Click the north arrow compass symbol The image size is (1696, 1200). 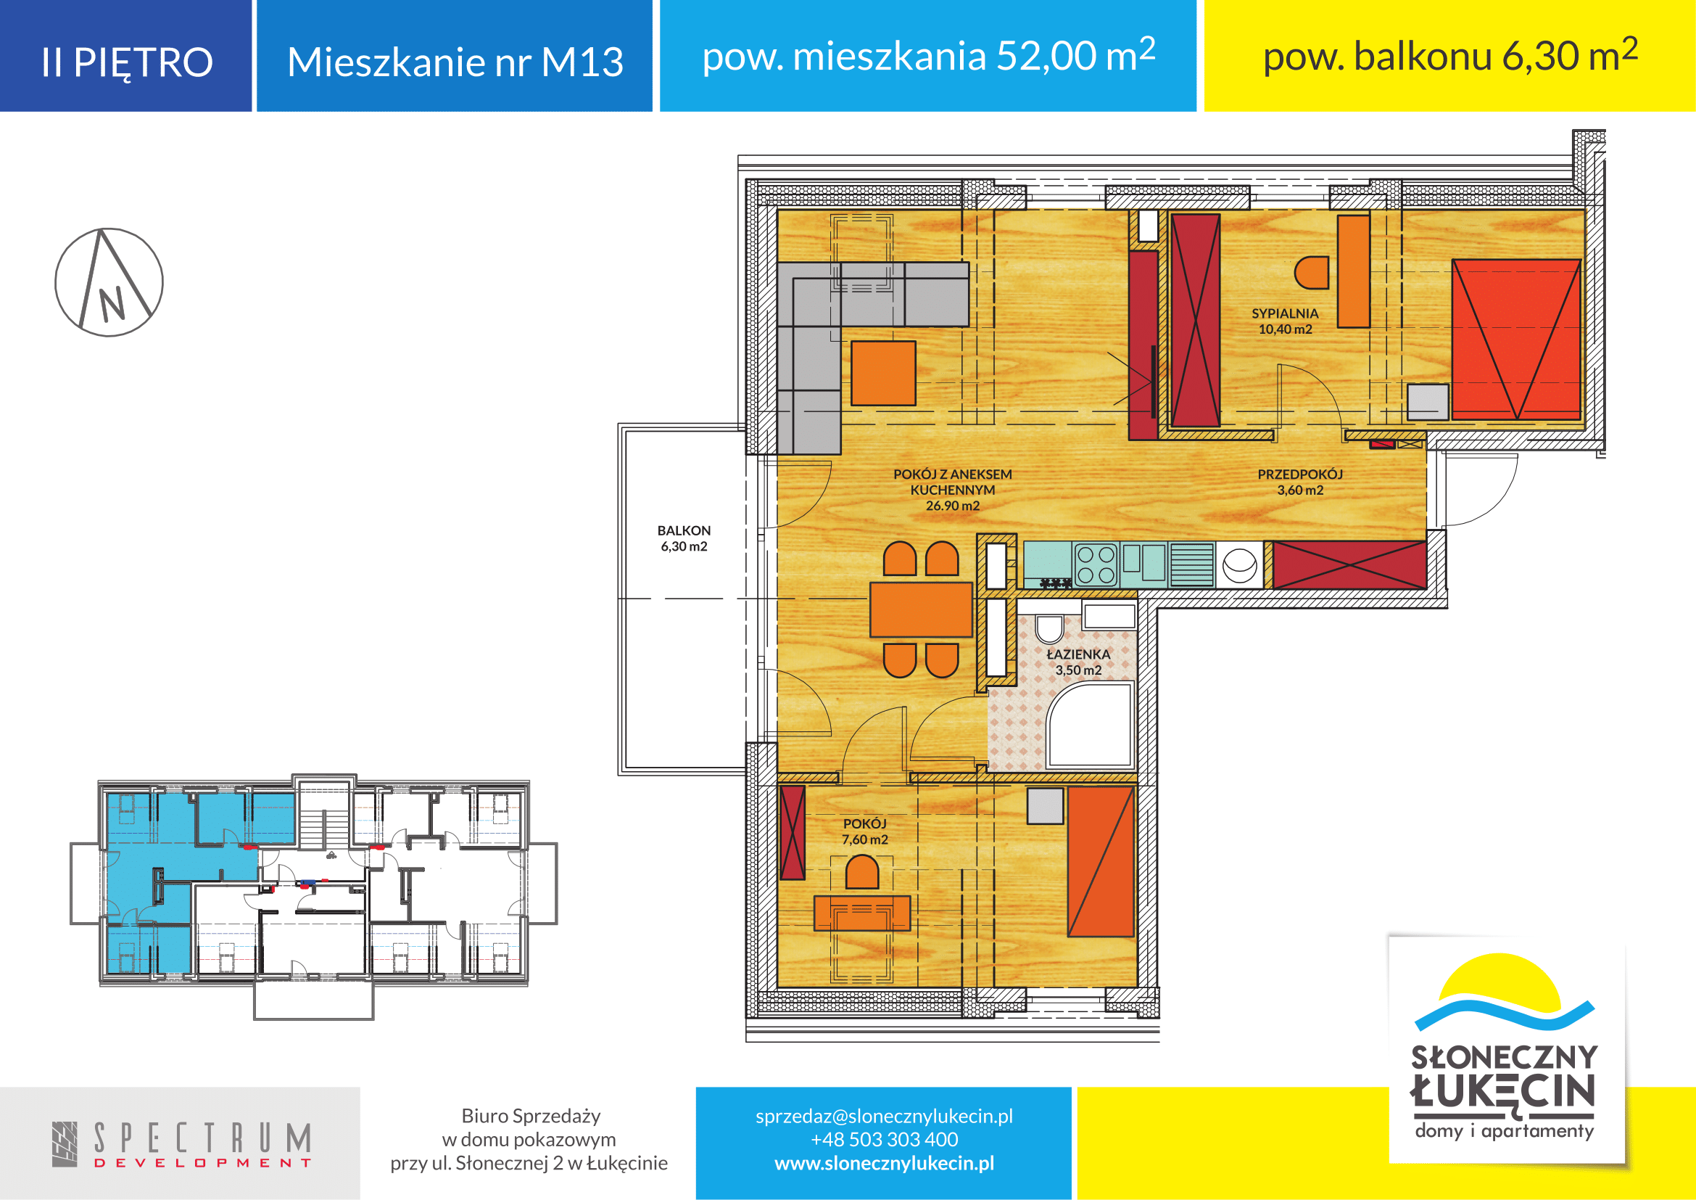click(x=109, y=282)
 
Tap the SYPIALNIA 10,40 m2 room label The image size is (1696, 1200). click(x=1286, y=321)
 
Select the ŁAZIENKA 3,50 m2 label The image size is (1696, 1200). click(x=1078, y=662)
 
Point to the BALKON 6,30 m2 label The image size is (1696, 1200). click(x=684, y=538)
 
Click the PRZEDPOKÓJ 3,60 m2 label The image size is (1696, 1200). click(x=1300, y=482)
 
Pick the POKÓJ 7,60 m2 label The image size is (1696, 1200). click(x=865, y=831)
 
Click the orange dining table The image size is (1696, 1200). click(x=921, y=609)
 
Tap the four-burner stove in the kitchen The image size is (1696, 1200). click(x=1096, y=564)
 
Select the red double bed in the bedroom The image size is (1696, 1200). click(x=1516, y=340)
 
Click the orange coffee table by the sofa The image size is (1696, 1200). click(x=883, y=373)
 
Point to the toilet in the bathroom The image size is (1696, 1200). click(x=1049, y=628)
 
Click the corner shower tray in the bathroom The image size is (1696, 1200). click(x=1091, y=725)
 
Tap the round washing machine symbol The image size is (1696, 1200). click(x=1239, y=565)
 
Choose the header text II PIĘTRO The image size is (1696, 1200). click(x=127, y=63)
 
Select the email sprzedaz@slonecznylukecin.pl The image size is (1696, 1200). click(x=884, y=1116)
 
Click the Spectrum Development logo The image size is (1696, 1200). click(x=182, y=1145)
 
